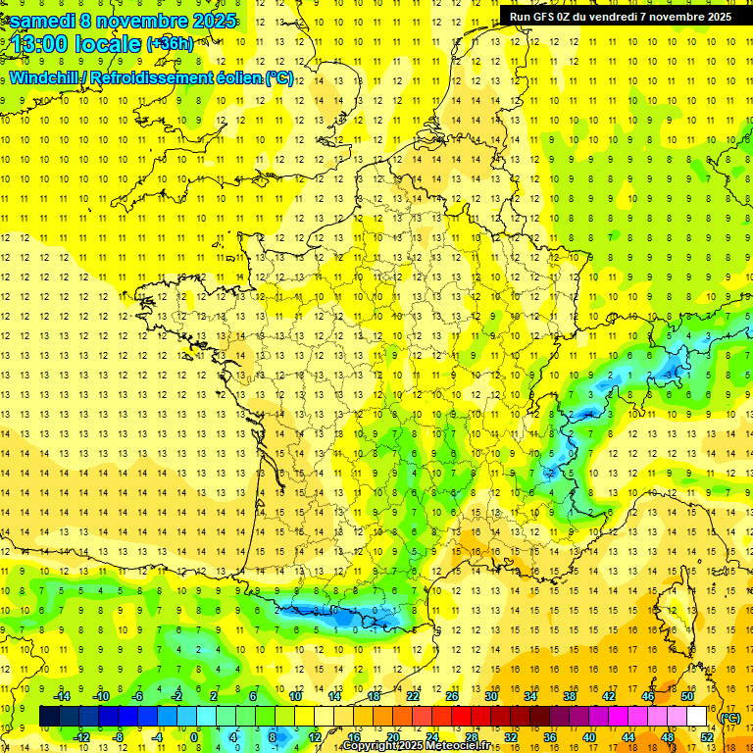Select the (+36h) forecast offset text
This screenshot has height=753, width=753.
(171, 44)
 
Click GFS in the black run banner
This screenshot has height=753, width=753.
(546, 17)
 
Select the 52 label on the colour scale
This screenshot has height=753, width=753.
(707, 737)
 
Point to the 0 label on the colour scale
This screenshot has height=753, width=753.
(194, 737)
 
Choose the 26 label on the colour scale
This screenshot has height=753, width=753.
(452, 697)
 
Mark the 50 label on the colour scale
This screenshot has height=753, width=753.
(687, 697)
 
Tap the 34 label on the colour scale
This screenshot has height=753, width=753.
(530, 697)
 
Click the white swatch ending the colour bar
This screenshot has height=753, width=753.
(697, 717)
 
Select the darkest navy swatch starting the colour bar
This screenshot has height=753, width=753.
(50, 717)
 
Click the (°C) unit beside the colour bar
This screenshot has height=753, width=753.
(730, 718)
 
